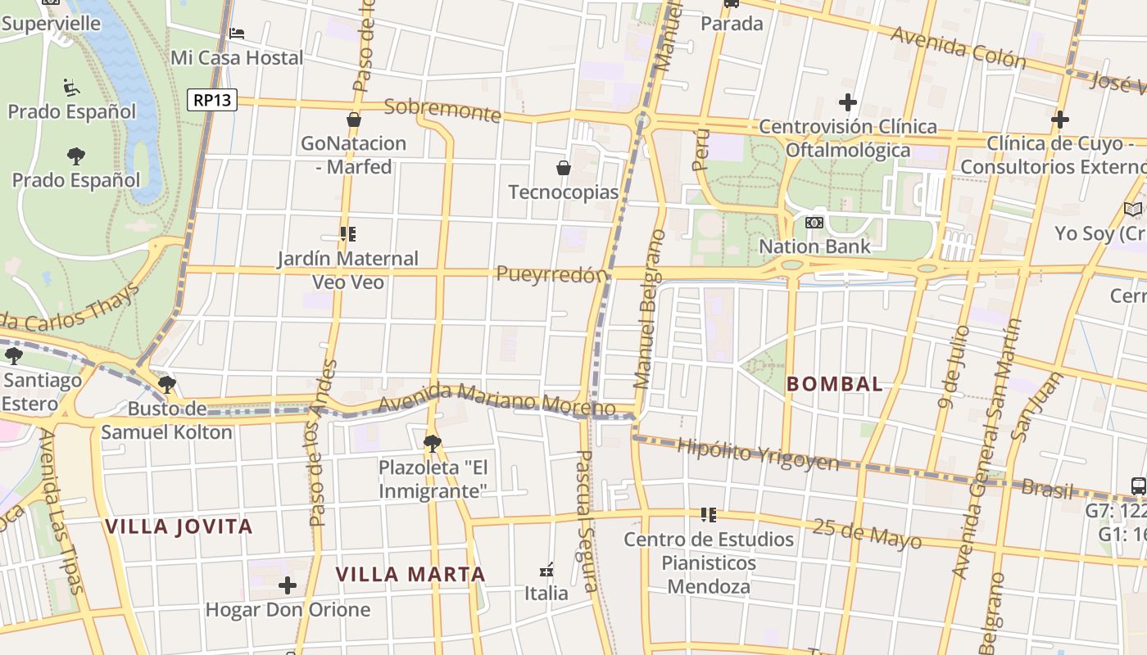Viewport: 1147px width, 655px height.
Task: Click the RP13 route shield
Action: pos(212,100)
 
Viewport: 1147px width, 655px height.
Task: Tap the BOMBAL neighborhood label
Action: pos(835,384)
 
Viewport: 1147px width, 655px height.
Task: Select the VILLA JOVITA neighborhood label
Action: pos(179,526)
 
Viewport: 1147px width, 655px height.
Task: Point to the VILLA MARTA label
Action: pos(410,575)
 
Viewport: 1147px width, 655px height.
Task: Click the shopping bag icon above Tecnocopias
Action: pos(564,169)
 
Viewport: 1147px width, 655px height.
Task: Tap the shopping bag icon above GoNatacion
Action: pos(354,120)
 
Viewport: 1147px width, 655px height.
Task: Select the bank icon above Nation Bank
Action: pos(814,223)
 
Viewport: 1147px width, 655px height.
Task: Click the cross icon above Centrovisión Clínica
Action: pos(848,103)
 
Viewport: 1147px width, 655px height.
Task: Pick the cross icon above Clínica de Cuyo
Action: pos(1059,120)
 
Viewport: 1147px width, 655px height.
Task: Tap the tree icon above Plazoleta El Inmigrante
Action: pos(432,444)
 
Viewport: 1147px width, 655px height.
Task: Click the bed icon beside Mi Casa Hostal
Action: pos(237,34)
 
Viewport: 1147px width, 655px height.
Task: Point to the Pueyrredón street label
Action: pos(552,274)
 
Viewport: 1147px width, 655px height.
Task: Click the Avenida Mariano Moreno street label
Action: pos(496,399)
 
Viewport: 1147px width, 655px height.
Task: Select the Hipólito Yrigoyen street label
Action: pos(758,454)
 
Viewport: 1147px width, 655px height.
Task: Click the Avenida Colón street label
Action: pos(958,47)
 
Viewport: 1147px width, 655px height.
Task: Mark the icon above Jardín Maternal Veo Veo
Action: pos(348,235)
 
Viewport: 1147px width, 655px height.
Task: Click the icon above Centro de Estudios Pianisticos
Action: pos(709,516)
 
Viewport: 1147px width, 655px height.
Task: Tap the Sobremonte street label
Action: pos(442,110)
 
